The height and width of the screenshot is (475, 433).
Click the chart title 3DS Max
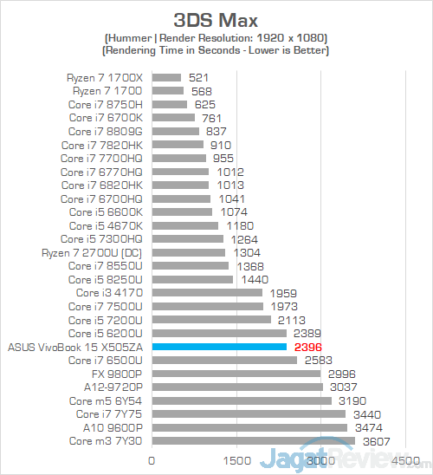pos(216,20)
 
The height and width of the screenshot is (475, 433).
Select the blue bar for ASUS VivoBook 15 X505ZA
pos(219,347)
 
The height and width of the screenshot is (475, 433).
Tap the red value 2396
pos(308,348)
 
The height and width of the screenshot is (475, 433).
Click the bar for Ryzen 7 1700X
pos(166,78)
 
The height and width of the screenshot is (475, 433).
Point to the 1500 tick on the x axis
pos(237,461)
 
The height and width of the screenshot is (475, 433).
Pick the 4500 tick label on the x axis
pos(406,461)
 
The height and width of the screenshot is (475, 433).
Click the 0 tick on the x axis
pos(152,461)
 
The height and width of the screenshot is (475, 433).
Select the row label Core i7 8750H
pos(106,105)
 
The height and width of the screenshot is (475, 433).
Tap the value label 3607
pos(377,442)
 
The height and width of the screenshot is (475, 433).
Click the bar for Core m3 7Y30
pos(254,441)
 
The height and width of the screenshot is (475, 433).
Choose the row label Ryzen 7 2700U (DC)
pos(92,253)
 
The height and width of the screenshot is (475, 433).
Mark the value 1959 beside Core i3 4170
pos(283,293)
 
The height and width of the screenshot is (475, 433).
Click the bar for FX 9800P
pos(236,374)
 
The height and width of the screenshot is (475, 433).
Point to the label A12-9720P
pos(113,387)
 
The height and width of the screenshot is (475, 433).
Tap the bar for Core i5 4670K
pos(185,225)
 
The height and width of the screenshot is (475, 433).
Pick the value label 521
pos(198,78)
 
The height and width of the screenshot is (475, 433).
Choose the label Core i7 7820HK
pos(102,146)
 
